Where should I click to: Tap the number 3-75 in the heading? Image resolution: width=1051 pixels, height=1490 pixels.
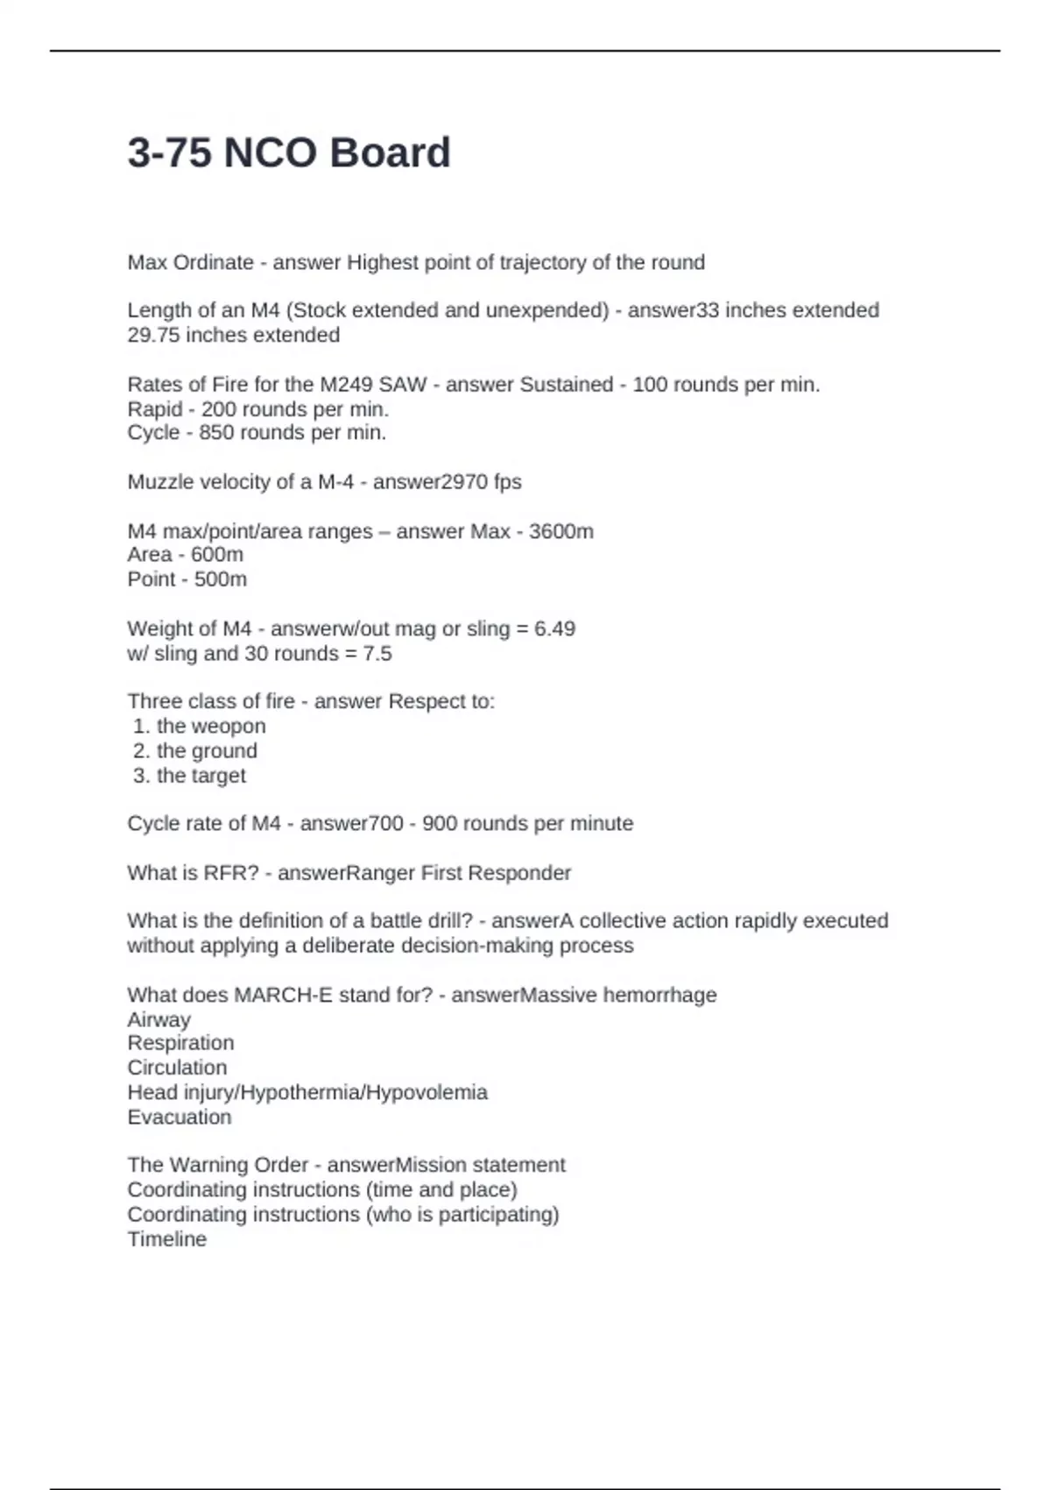170,153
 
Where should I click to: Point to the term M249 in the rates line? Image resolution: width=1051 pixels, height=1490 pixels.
349,384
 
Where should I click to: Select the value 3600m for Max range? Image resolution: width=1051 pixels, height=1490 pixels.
561,531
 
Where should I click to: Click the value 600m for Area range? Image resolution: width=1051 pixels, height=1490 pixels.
217,554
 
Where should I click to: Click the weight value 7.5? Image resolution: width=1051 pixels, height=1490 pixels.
377,653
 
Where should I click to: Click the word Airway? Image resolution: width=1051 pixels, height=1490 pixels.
159,1019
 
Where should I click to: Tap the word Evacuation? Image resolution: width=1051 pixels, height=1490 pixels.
180,1117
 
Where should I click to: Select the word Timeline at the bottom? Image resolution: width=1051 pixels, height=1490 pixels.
166,1238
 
